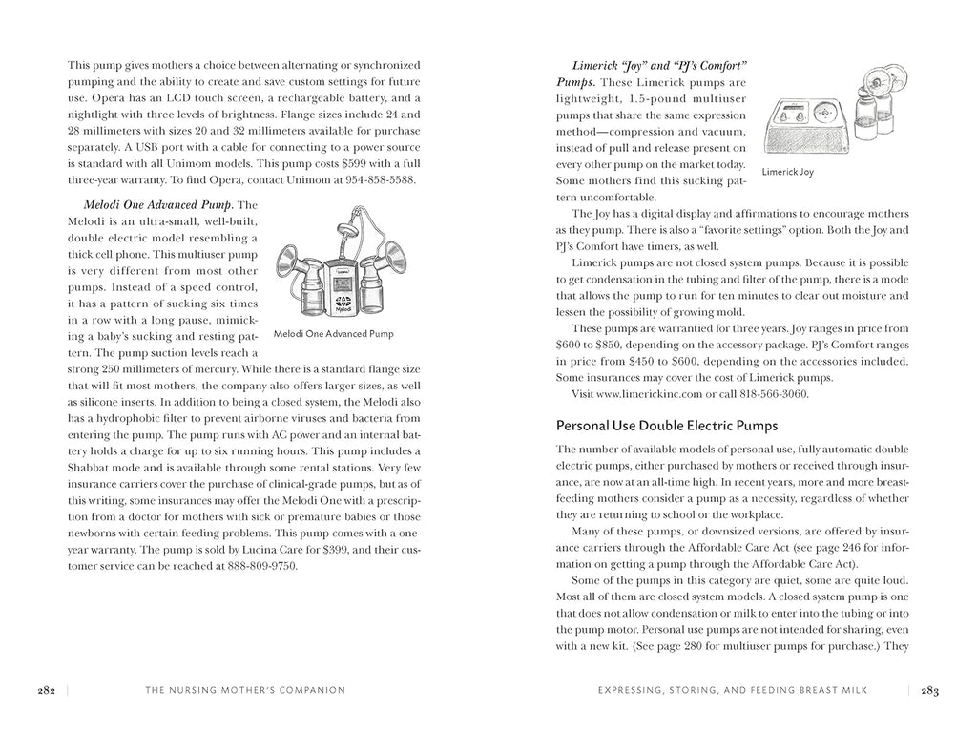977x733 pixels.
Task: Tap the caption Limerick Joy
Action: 787,173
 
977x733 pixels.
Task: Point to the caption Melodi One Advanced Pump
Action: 332,335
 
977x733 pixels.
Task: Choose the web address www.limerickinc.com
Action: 655,394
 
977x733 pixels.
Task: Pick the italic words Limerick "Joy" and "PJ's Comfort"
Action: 659,65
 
